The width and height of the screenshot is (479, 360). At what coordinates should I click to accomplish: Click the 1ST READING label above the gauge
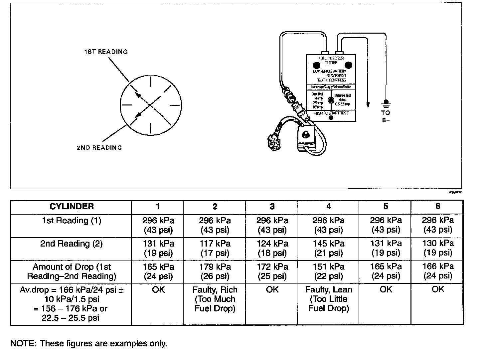106,52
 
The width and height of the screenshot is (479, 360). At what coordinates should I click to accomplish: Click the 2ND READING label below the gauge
99,147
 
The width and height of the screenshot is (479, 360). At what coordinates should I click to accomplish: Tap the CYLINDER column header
72,207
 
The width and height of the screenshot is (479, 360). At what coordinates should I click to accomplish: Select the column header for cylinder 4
328,207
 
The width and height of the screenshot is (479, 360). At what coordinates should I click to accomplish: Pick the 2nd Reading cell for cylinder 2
215,249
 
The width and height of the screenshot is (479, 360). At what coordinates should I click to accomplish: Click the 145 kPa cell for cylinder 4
328,249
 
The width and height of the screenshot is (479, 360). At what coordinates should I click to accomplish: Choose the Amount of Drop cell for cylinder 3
272,271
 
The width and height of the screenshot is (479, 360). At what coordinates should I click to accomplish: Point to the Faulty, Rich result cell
215,299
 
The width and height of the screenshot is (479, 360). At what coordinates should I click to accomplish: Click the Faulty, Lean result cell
328,299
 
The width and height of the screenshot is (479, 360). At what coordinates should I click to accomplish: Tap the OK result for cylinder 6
437,290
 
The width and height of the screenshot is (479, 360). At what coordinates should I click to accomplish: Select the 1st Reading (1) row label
72,221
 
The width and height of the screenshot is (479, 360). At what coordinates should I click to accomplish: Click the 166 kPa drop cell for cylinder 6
437,271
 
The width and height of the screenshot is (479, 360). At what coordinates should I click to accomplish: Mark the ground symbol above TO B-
386,103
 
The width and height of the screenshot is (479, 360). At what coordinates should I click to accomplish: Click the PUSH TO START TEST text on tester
331,113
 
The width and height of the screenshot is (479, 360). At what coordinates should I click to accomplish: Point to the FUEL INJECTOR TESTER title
331,60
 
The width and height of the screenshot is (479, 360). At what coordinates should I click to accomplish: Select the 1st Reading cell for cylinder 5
386,225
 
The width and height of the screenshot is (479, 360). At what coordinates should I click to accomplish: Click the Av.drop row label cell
72,304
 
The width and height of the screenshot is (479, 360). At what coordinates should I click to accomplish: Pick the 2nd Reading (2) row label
72,244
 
